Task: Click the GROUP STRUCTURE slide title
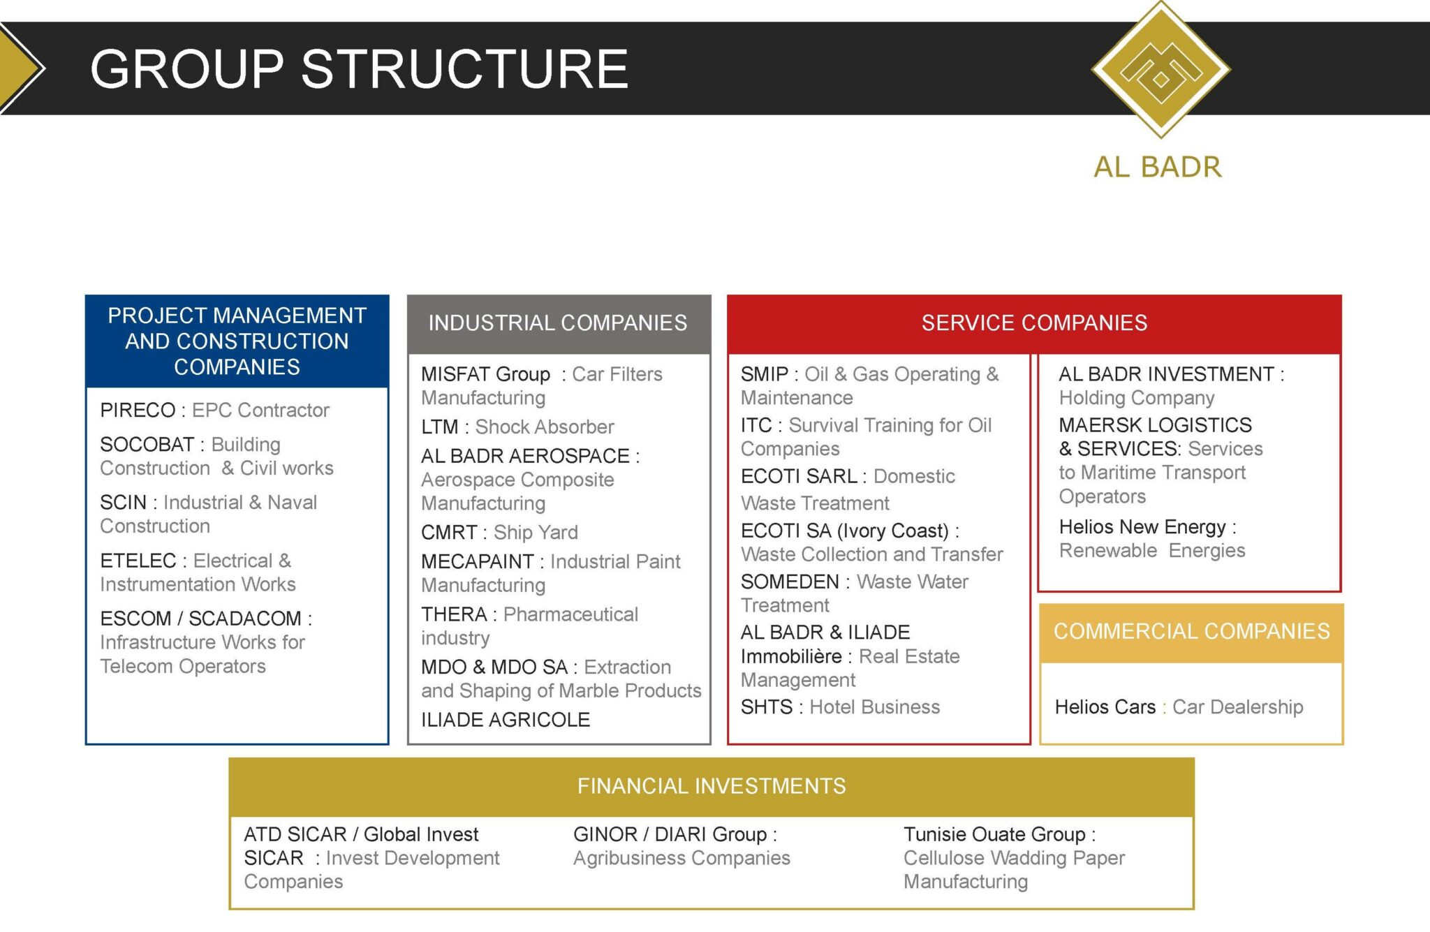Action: coord(359,69)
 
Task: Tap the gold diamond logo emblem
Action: coord(1160,69)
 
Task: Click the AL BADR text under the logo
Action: coord(1158,168)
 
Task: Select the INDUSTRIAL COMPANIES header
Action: coord(558,323)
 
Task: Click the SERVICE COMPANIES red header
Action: coord(1034,323)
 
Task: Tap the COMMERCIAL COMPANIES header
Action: coord(1191,632)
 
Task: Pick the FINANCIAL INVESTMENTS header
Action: coord(712,787)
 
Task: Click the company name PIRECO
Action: coord(138,410)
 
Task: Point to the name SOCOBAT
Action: coord(147,445)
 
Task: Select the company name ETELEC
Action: coord(138,561)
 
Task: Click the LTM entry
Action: coord(440,427)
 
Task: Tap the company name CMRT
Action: coord(449,533)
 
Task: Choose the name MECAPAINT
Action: coord(478,562)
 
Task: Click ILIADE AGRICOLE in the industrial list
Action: coord(506,720)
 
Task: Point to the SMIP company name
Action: coord(765,375)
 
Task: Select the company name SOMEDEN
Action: coord(790,582)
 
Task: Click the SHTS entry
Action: coord(767,707)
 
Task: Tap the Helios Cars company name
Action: coord(1105,707)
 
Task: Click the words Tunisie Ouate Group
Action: coord(994,834)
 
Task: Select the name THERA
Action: coord(454,614)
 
